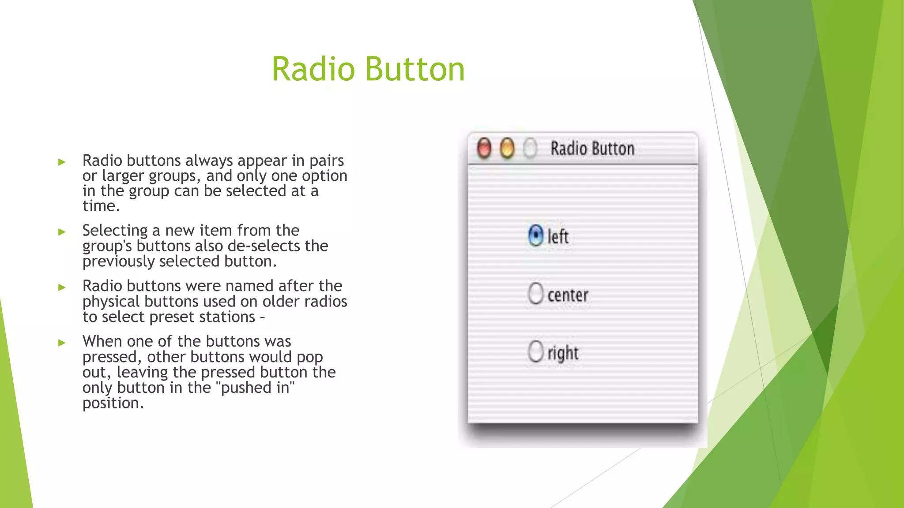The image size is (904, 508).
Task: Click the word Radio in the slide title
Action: coord(313,69)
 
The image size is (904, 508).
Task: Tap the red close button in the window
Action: coord(484,148)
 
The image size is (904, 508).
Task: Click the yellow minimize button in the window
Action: coord(507,148)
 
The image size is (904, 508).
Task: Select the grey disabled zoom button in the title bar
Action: coord(530,148)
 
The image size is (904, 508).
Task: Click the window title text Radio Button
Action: coord(592,148)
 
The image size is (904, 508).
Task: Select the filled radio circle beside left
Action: coord(535,235)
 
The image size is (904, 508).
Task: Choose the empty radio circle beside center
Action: coord(535,293)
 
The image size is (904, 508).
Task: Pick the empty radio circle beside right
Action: coord(535,351)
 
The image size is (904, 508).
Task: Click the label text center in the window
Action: coord(568,295)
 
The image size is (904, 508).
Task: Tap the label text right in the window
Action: coord(563,353)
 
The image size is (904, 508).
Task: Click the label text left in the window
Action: coord(558,237)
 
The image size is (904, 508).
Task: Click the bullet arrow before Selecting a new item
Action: coord(62,232)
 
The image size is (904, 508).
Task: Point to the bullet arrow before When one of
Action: coord(62,343)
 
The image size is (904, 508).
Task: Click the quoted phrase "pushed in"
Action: coord(257,388)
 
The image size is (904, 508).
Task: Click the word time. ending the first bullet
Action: coord(101,206)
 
